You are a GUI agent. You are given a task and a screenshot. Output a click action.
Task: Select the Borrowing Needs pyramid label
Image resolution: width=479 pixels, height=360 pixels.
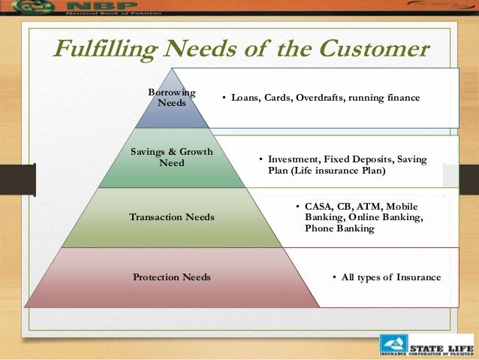[x=171, y=97]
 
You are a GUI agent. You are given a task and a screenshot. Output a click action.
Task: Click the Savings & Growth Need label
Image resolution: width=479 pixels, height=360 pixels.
[x=171, y=157]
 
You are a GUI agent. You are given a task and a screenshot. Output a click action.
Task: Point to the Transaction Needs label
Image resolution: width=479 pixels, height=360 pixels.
[x=171, y=217]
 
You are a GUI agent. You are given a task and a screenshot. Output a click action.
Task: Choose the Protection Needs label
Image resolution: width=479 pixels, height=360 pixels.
[x=171, y=277]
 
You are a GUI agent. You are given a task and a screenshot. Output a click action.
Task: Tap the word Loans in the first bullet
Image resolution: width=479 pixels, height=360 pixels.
[x=246, y=98]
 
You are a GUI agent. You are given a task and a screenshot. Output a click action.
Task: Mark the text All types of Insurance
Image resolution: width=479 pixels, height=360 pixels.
[x=391, y=277]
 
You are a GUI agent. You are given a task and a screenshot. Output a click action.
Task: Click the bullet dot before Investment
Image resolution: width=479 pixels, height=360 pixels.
[x=261, y=160]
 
